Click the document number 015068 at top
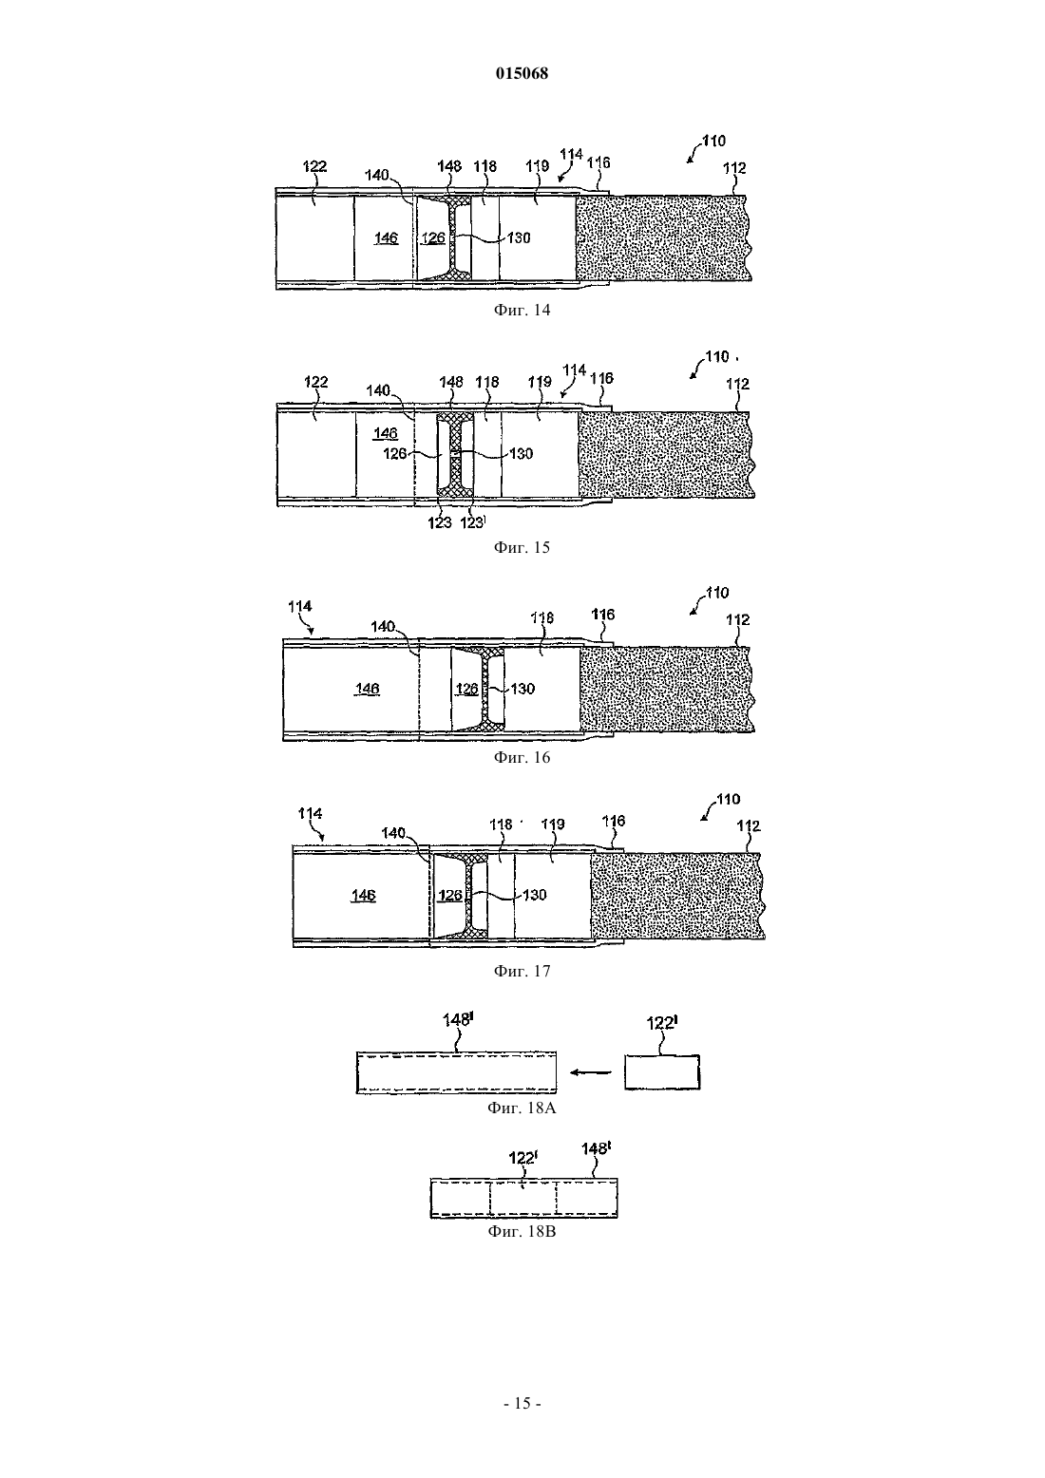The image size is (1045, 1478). pyautogui.click(x=522, y=73)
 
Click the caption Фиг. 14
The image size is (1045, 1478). pyautogui.click(x=522, y=310)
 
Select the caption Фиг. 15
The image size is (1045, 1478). pyautogui.click(x=522, y=547)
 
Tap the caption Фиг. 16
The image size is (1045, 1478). pyautogui.click(x=522, y=757)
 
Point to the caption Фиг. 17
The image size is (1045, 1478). pyautogui.click(x=522, y=971)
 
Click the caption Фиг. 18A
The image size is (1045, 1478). pyautogui.click(x=522, y=1108)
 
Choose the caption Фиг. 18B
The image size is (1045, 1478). pyautogui.click(x=522, y=1231)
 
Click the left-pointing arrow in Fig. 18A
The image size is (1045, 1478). pyautogui.click(x=590, y=1072)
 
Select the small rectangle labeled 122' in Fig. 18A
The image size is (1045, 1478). pyautogui.click(x=662, y=1072)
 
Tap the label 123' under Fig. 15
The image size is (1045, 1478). pyautogui.click(x=473, y=522)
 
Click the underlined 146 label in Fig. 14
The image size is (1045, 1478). pyautogui.click(x=386, y=237)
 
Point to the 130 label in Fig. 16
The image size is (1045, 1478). pyautogui.click(x=522, y=689)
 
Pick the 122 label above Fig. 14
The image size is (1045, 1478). pyautogui.click(x=314, y=166)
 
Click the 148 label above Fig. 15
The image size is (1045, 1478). pyautogui.click(x=451, y=382)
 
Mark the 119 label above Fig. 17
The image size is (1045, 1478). pyautogui.click(x=553, y=824)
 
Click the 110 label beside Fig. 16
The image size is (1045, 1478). pyautogui.click(x=716, y=593)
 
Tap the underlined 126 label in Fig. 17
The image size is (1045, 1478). pyautogui.click(x=450, y=896)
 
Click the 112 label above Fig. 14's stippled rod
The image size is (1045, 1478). pyautogui.click(x=734, y=167)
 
